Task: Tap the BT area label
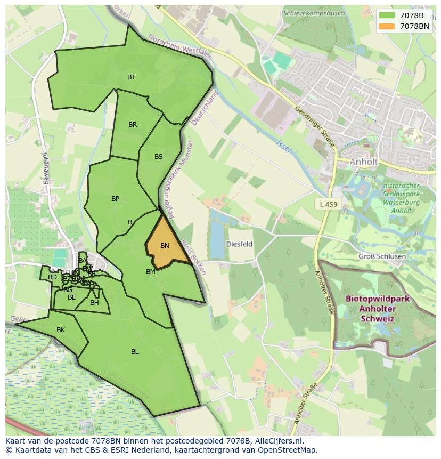(x=131, y=77)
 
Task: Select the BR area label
(x=133, y=125)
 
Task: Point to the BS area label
(x=159, y=157)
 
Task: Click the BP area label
(x=115, y=199)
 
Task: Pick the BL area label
(x=135, y=351)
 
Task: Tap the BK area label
(x=61, y=330)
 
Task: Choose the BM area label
(x=151, y=272)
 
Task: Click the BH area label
(x=94, y=303)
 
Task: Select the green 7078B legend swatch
(x=387, y=15)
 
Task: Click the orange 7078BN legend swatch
(x=387, y=26)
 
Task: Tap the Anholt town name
(x=363, y=162)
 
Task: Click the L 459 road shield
(x=329, y=204)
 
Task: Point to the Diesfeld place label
(x=239, y=244)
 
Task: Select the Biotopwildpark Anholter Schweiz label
(x=377, y=309)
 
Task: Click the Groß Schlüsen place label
(x=382, y=256)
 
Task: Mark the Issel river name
(x=284, y=147)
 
